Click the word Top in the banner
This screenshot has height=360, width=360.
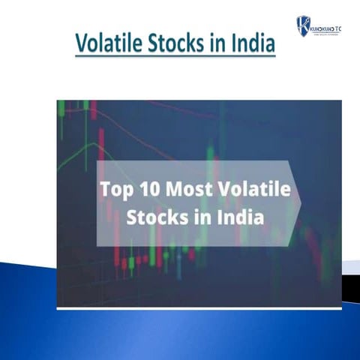[x=115, y=190]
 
